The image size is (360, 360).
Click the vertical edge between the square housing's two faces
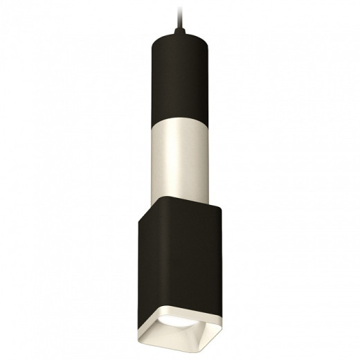click(x=164, y=263)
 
